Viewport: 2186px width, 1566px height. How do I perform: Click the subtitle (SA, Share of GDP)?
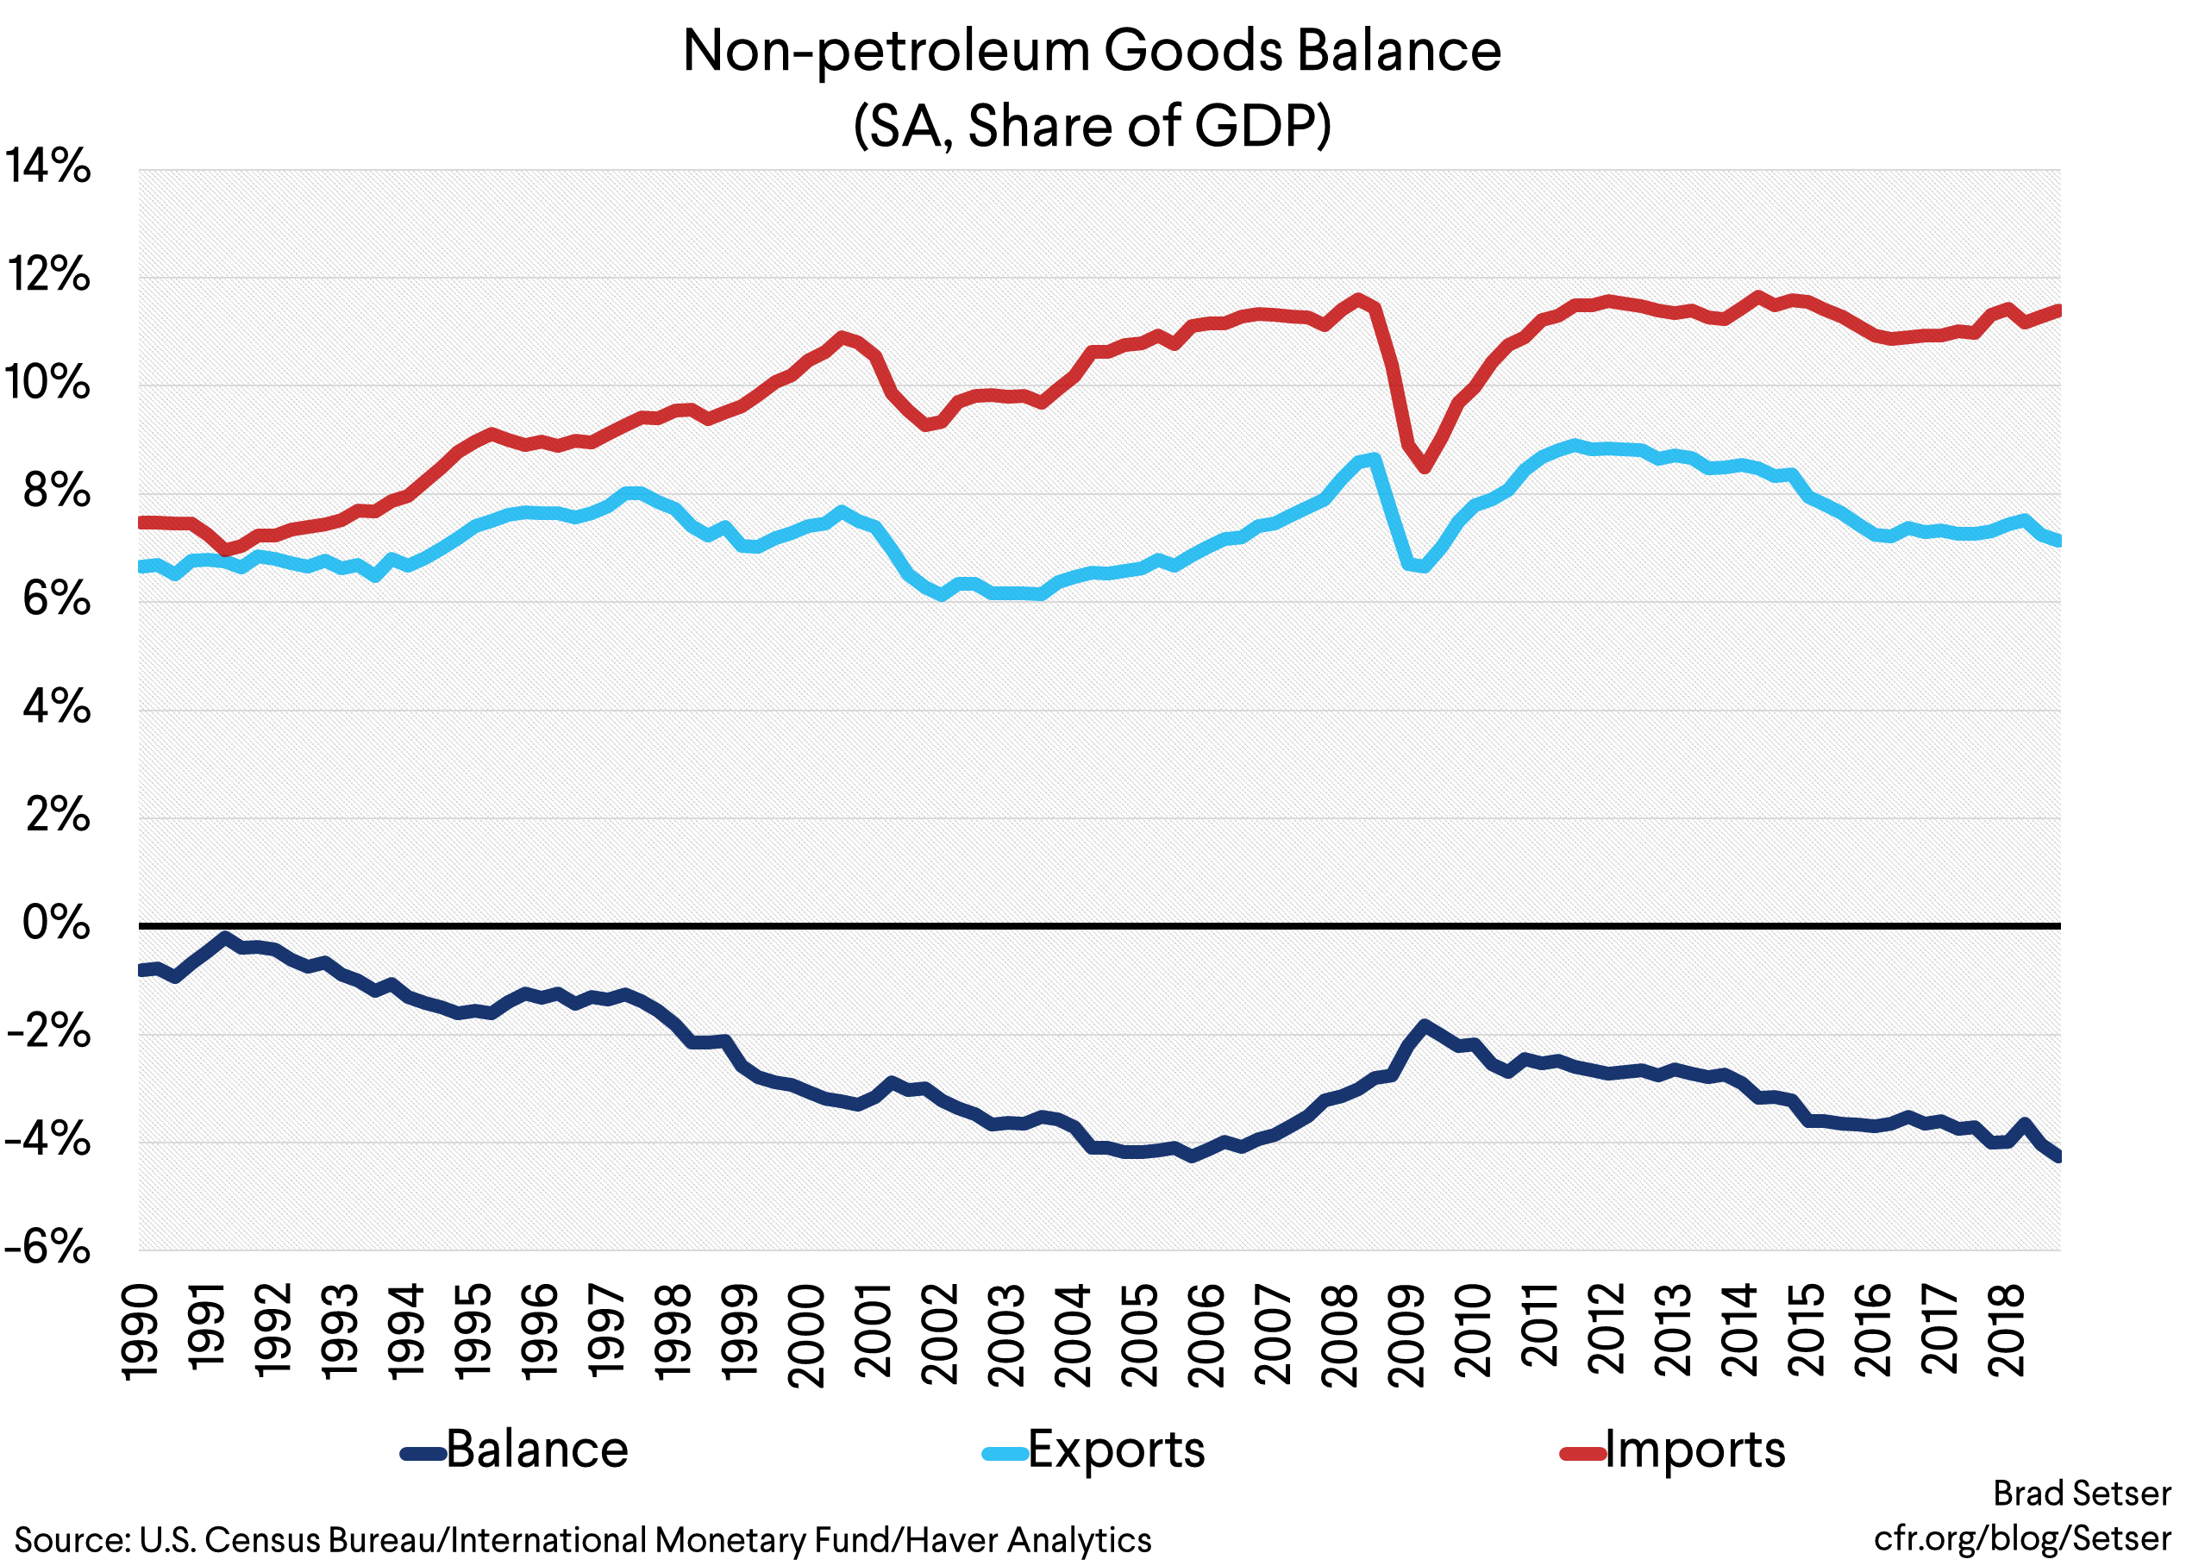coord(1091,126)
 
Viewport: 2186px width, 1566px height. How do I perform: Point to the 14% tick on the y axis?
coord(48,166)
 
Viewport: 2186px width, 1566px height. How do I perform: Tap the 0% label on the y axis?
coord(56,924)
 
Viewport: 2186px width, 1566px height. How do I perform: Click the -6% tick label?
coord(48,1248)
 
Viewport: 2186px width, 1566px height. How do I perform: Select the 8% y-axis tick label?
coord(56,492)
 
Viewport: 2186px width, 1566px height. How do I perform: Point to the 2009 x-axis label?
coord(1408,1335)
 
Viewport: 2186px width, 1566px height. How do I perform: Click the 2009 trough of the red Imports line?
coord(1425,468)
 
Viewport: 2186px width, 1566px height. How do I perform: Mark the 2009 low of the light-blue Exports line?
coord(1423,567)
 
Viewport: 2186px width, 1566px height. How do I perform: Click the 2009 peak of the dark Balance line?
coord(1424,1025)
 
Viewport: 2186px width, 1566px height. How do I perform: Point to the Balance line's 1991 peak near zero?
coord(224,936)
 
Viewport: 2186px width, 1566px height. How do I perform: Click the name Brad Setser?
coord(2082,1494)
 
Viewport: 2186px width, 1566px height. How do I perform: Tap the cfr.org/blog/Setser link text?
coord(2022,1538)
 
